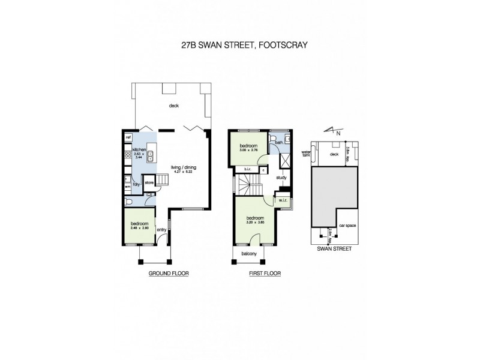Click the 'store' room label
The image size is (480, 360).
(149, 184)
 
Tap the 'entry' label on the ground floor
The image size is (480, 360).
(161, 229)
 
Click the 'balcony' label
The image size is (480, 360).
(249, 254)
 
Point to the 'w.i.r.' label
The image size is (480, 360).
(281, 200)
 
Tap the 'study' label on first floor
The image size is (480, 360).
(281, 178)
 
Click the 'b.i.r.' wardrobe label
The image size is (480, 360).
(247, 170)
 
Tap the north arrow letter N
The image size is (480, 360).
(338, 133)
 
